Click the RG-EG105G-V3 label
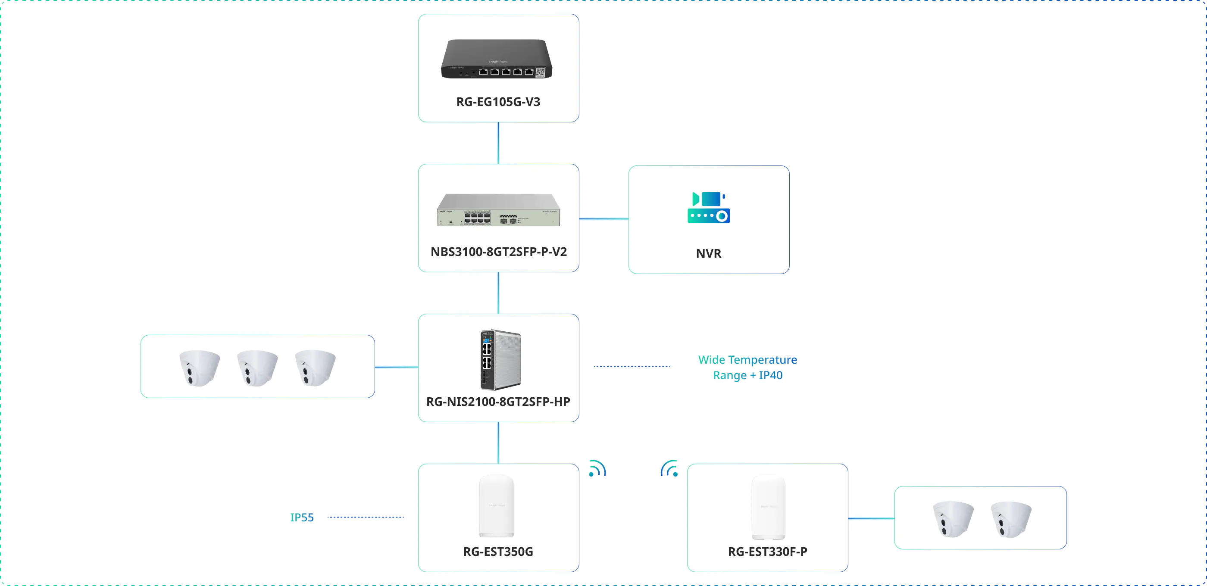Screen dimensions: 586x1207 (x=498, y=102)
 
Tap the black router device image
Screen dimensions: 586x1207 (x=497, y=59)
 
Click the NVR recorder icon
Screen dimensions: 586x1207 (x=708, y=208)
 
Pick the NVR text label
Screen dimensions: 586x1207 (x=708, y=253)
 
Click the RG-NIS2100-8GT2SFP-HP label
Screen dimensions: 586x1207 (x=498, y=402)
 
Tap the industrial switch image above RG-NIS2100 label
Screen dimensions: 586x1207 (x=500, y=360)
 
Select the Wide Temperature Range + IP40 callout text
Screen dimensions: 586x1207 (x=747, y=367)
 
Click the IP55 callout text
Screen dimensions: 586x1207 (x=302, y=517)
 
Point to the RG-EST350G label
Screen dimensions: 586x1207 (x=498, y=552)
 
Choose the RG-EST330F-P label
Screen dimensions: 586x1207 (x=767, y=552)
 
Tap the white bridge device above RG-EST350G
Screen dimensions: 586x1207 (x=497, y=505)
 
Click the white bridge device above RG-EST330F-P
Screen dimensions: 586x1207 (x=769, y=507)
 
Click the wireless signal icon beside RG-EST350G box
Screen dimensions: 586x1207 (x=597, y=469)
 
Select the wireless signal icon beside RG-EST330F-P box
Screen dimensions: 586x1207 (x=669, y=468)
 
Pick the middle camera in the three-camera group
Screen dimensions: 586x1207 (x=257, y=368)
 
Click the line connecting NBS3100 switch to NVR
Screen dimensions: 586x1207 (x=603, y=219)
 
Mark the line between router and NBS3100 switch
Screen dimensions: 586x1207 (x=498, y=143)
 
